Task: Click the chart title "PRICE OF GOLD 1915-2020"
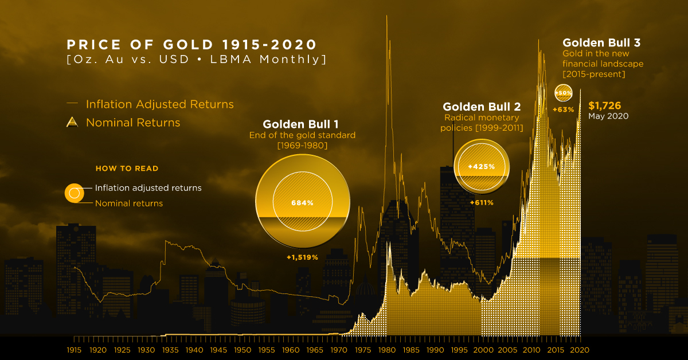tap(191, 45)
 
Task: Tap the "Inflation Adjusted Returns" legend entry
tap(159, 104)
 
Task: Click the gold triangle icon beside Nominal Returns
tap(73, 122)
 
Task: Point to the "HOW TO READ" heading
tap(127, 169)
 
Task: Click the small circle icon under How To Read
tap(73, 194)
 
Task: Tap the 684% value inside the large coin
tap(302, 202)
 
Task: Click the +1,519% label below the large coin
tap(302, 257)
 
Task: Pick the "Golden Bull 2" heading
tap(482, 107)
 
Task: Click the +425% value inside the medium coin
tap(481, 166)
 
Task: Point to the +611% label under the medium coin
tap(481, 202)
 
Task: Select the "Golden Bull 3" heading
tap(601, 42)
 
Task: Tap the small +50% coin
tap(562, 93)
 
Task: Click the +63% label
tap(563, 109)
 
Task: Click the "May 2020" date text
tap(608, 116)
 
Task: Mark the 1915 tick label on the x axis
tap(74, 349)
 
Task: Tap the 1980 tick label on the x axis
tap(387, 349)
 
